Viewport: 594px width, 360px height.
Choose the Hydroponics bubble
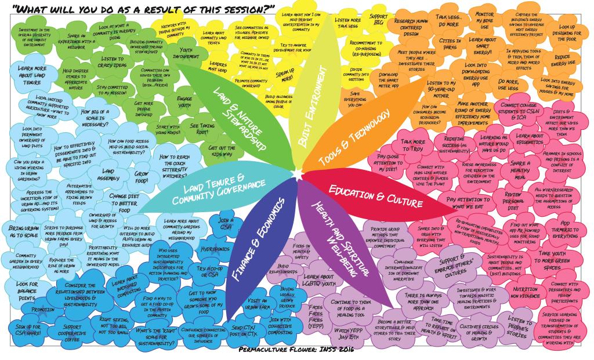pos(211,248)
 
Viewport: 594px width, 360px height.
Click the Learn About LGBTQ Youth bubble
pos(318,281)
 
